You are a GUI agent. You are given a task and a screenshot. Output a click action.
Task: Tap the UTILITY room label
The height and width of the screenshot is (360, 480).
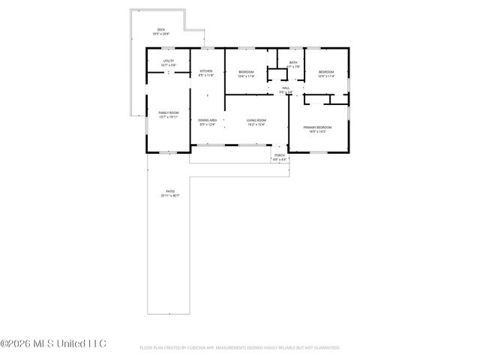pos(169,61)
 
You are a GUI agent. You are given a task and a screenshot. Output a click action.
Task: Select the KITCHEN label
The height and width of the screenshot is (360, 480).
pos(206,71)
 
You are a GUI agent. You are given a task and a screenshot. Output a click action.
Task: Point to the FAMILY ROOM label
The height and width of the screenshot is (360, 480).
pos(168,112)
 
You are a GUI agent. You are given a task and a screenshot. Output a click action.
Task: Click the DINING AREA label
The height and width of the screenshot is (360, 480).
pos(208,120)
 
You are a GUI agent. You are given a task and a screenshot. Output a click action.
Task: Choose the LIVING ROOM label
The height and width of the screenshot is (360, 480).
pos(256,120)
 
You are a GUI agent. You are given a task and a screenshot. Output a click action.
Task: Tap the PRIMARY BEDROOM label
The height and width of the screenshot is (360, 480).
pos(318,127)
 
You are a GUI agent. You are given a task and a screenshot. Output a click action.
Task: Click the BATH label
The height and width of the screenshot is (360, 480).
pos(293,62)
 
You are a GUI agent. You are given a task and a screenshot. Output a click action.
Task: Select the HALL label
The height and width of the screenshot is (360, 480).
pos(286,88)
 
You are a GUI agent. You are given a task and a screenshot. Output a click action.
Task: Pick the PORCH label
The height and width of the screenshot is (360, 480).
pos(279,155)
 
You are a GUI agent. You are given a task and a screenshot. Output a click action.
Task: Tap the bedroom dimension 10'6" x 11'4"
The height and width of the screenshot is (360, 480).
pos(246,76)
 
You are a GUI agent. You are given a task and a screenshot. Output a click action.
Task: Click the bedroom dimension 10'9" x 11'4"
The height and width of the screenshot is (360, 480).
pos(325,76)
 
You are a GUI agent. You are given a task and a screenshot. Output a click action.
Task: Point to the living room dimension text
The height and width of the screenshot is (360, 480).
pos(256,124)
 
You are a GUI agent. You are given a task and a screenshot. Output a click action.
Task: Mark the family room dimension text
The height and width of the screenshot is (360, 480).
pos(168,117)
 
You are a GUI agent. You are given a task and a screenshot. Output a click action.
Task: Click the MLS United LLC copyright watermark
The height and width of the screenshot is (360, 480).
pos(53,344)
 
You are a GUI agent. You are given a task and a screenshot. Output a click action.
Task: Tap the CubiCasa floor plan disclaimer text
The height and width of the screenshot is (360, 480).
pos(240,348)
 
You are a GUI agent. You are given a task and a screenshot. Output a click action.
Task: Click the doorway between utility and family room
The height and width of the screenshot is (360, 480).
pos(169,73)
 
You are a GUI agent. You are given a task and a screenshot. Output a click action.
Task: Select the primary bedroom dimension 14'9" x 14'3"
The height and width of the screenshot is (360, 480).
pos(318,132)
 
